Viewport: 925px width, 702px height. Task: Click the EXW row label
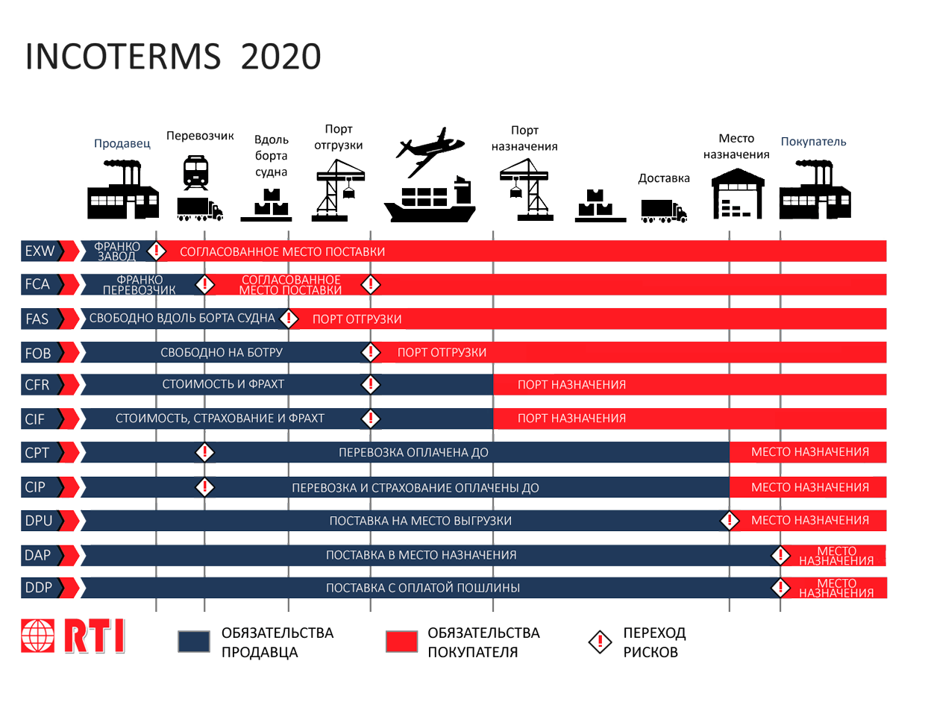click(40, 251)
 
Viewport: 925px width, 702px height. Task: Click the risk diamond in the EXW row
click(156, 251)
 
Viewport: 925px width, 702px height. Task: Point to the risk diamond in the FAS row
click(288, 319)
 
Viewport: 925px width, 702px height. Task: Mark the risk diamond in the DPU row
click(729, 520)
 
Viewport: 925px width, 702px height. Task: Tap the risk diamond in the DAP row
click(780, 555)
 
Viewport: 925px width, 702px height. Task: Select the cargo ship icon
click(430, 200)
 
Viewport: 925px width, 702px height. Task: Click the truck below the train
click(199, 209)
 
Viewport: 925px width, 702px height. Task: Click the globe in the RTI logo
click(38, 636)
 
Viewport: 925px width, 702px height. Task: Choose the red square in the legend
click(401, 642)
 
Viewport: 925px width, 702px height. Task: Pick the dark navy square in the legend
click(194, 642)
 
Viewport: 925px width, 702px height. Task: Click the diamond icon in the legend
click(600, 642)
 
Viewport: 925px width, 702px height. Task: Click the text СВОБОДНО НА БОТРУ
click(222, 352)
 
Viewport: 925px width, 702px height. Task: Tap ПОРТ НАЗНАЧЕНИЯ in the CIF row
click(571, 418)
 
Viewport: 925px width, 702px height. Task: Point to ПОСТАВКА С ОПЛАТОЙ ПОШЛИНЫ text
click(422, 588)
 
